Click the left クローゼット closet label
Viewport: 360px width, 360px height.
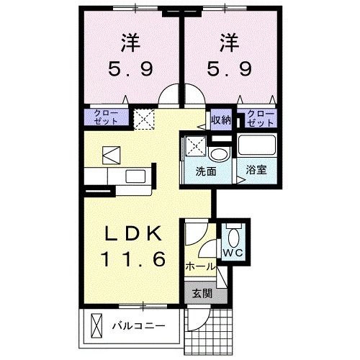pos(106,117)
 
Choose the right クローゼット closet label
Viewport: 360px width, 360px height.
pos(261,117)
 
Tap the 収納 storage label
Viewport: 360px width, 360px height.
pos(220,120)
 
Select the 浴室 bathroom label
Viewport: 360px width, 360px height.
pos(256,171)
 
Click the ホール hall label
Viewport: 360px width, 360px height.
pos(200,266)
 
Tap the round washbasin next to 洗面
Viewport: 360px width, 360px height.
pos(218,154)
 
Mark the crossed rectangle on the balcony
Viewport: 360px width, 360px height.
pos(96,328)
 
